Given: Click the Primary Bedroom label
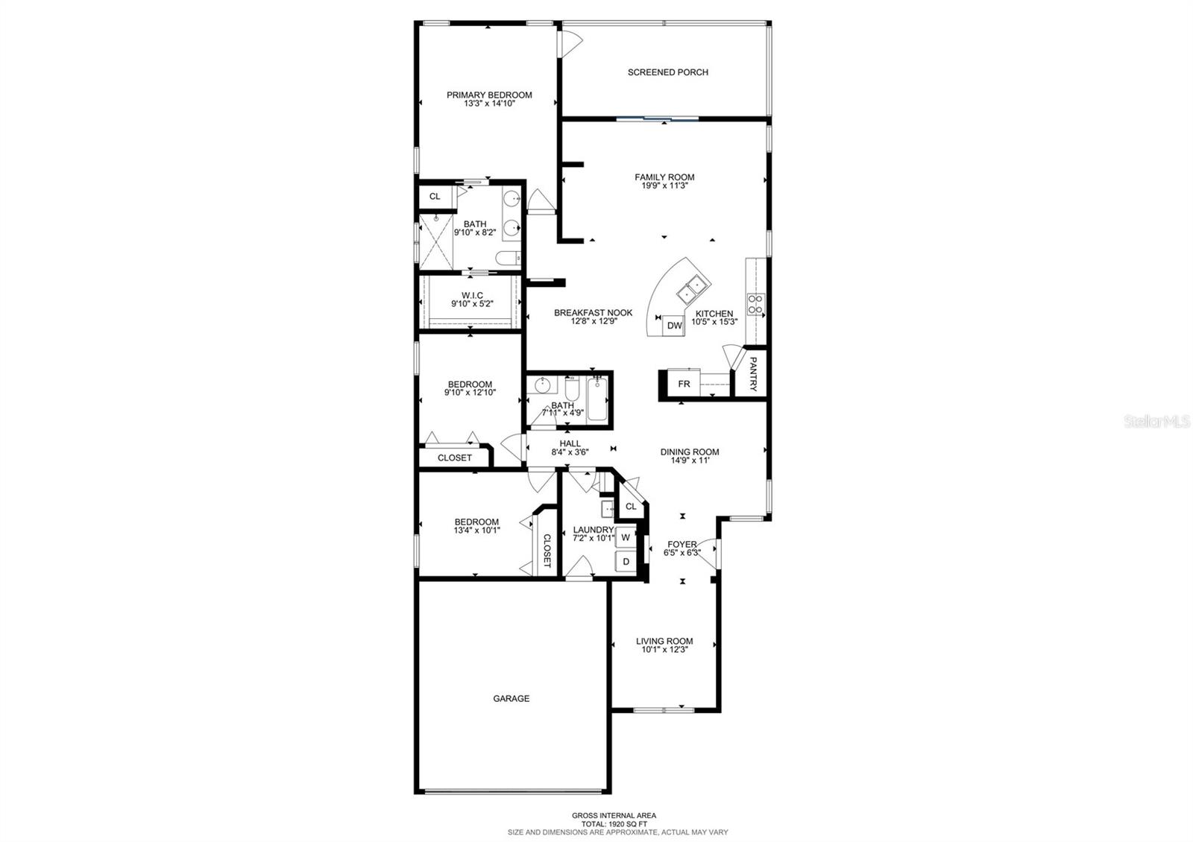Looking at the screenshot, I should point(489,95).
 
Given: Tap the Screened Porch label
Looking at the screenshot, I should point(667,72).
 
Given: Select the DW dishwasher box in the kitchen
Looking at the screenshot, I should point(674,326).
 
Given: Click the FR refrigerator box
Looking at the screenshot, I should point(684,384).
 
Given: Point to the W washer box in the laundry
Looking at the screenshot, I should point(626,537).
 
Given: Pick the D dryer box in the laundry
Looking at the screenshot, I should point(626,561).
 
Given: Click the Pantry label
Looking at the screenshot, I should point(753,374).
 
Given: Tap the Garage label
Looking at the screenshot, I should point(511,698).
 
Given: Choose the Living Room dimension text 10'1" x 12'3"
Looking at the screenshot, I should point(664,650).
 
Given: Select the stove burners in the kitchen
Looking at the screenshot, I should point(755,303).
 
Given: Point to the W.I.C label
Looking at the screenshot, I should point(472,295).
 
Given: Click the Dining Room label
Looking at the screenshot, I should point(690,452).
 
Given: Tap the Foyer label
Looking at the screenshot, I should point(682,545).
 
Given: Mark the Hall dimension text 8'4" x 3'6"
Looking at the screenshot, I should point(570,452).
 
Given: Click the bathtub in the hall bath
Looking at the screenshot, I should point(598,399).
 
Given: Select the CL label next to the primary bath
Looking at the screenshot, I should point(435,197).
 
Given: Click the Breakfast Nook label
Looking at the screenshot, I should point(593,313).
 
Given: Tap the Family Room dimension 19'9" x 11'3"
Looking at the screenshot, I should point(664,186).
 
